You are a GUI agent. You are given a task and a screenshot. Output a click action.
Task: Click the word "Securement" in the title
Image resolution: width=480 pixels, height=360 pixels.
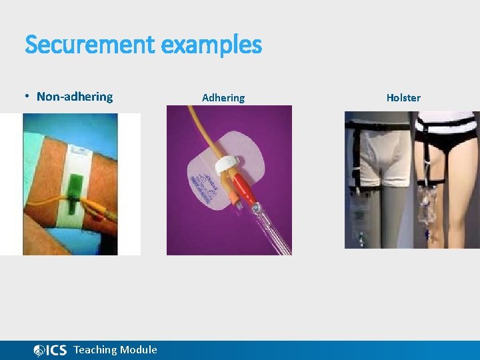(x=90, y=45)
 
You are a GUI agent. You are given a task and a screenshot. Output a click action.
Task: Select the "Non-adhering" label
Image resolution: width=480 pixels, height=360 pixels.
(x=75, y=97)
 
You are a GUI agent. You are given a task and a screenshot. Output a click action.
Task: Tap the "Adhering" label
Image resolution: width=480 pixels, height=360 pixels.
(x=223, y=98)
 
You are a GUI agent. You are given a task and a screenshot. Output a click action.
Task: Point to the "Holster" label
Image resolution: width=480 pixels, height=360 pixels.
(x=403, y=98)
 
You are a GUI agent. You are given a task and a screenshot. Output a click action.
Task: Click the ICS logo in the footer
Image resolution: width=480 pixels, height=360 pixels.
(x=50, y=350)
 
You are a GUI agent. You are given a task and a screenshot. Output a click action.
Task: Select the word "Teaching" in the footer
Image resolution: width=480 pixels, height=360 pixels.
(x=96, y=350)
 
